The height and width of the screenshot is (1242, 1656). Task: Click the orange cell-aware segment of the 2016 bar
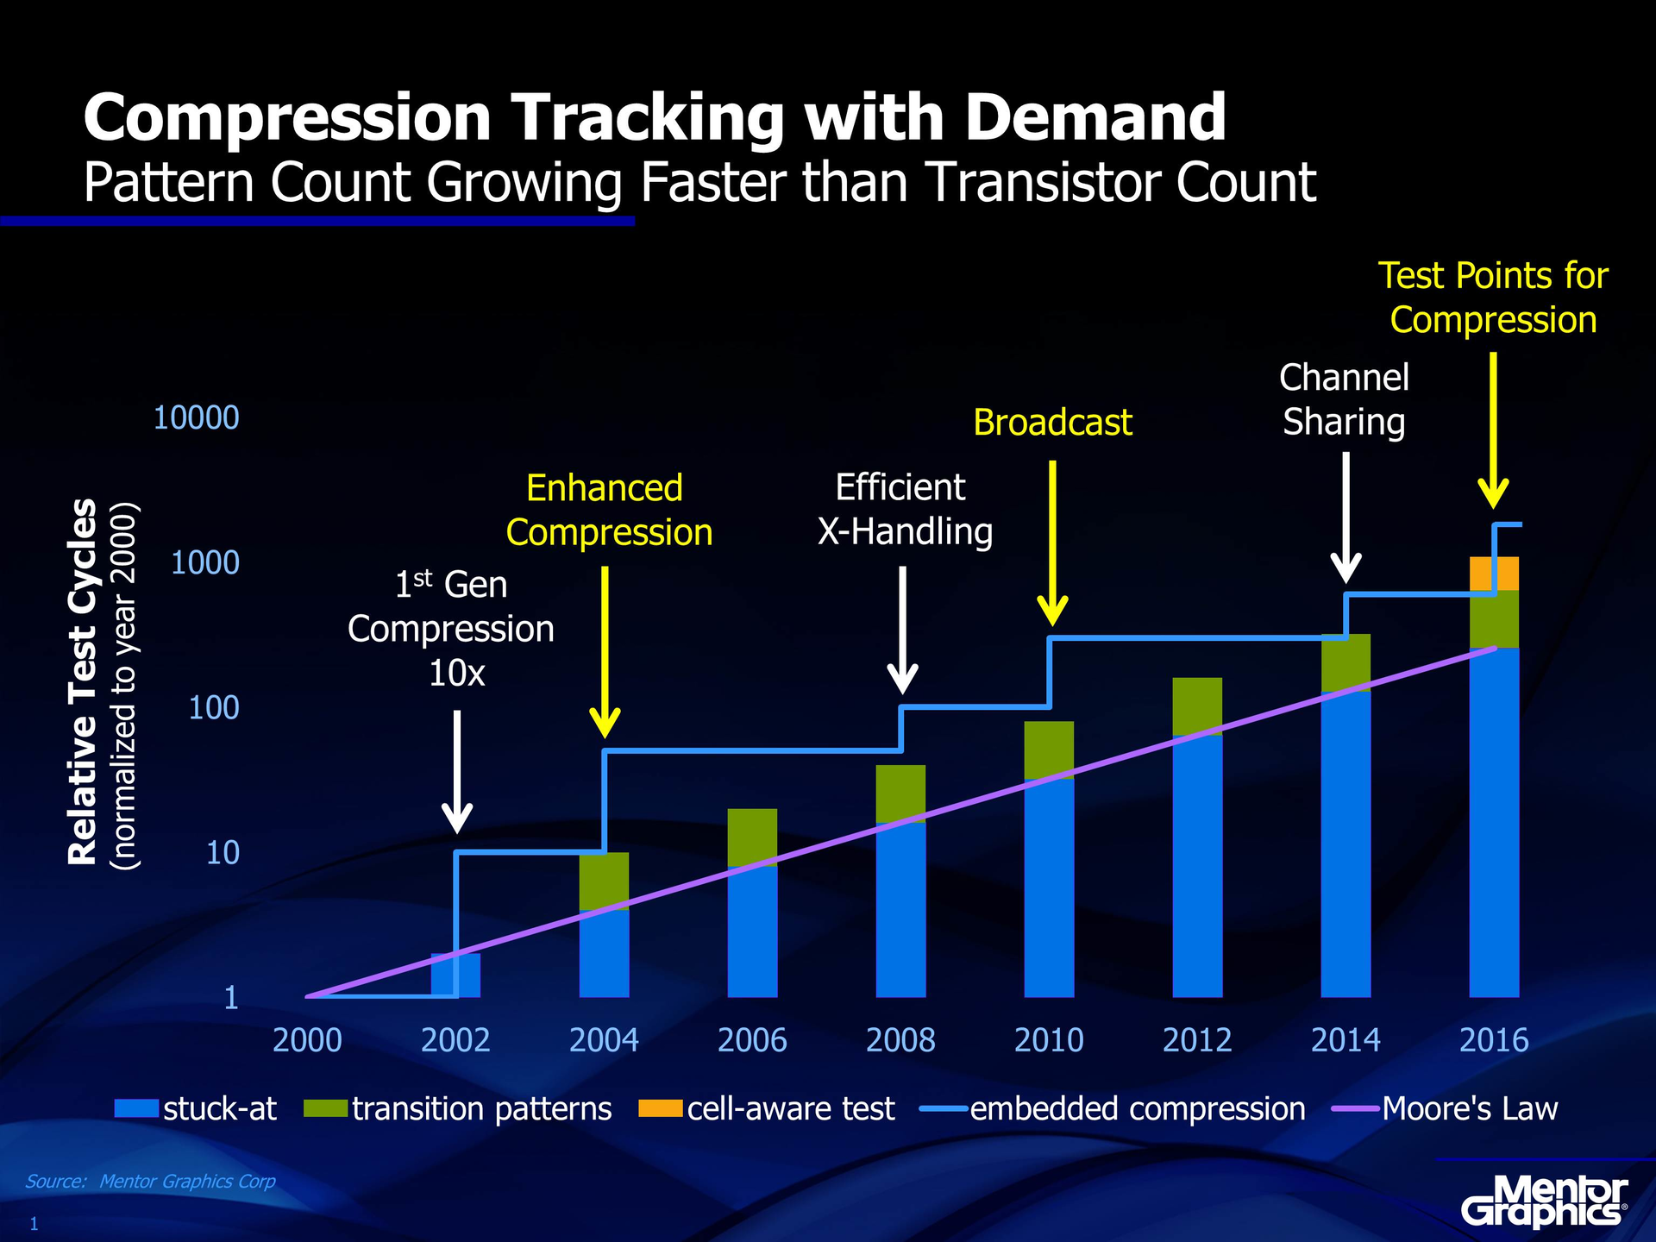pos(1494,574)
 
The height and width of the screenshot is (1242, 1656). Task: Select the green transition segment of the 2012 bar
pos(1197,706)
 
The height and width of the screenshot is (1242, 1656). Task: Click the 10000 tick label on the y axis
pos(196,417)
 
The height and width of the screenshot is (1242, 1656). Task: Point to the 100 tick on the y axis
pos(213,708)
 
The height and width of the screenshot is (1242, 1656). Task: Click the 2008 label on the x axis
pos(900,1040)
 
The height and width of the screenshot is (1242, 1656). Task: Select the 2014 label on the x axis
pos(1345,1040)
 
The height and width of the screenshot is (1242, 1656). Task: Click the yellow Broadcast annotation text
pos(1052,423)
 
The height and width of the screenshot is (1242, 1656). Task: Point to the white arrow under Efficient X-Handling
pos(902,630)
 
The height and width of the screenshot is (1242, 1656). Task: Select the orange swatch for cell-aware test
pos(660,1108)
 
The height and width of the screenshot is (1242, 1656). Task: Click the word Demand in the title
pos(1095,117)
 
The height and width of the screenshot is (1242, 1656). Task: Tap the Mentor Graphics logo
pos(1544,1201)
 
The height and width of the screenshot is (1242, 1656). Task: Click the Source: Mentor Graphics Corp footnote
pos(150,1181)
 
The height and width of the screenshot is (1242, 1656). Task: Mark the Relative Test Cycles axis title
pos(83,681)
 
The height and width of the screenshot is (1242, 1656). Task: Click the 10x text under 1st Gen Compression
pos(456,673)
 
